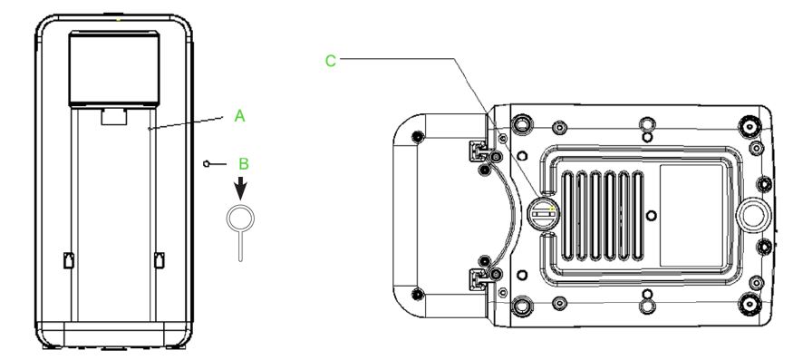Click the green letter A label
[x=240, y=116]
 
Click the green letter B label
[x=244, y=164]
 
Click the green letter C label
[x=330, y=62]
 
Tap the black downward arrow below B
[x=241, y=188]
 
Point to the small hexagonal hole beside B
[x=207, y=163]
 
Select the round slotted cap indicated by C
[x=543, y=214]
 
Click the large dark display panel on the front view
[x=114, y=69]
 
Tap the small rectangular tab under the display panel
[x=113, y=116]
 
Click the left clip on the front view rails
[x=69, y=259]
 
